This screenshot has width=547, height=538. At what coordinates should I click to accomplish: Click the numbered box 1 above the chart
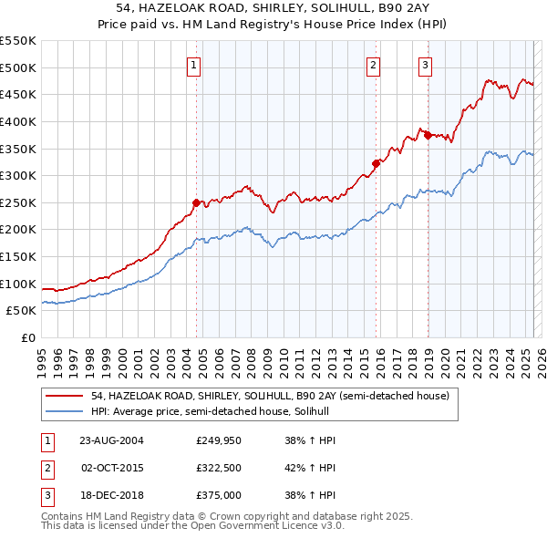[195, 64]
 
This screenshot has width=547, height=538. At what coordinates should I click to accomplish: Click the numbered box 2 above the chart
[374, 64]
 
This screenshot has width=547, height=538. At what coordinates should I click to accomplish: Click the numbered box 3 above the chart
[426, 64]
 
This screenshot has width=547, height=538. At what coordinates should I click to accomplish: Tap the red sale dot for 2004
[196, 202]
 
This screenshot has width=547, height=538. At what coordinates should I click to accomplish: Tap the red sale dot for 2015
[375, 163]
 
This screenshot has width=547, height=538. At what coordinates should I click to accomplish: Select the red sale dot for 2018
[427, 135]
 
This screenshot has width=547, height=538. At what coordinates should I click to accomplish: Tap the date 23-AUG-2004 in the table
[112, 440]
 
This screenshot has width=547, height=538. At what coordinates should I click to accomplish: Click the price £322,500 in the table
[219, 468]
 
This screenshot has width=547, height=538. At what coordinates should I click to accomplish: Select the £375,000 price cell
[219, 496]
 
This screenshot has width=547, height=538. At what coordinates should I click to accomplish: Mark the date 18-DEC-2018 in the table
[112, 496]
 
